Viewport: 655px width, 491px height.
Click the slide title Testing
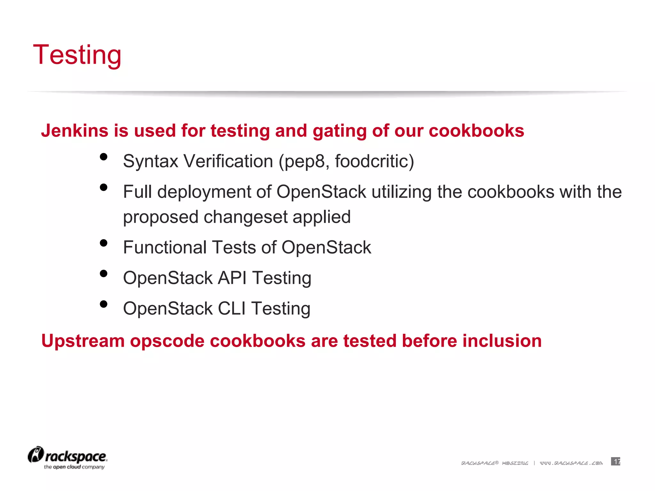click(x=77, y=55)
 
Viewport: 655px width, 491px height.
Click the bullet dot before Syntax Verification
click(x=103, y=157)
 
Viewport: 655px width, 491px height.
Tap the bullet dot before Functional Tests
click(x=103, y=243)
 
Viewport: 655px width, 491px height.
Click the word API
click(x=232, y=278)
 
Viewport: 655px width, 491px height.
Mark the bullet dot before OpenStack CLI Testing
click(x=103, y=304)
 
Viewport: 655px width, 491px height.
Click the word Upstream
click(x=83, y=341)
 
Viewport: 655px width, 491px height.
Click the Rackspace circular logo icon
click(x=36, y=455)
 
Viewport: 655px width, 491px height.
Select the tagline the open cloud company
click(x=74, y=467)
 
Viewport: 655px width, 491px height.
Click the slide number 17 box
click(x=615, y=461)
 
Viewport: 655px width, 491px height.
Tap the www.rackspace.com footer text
click(x=571, y=463)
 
